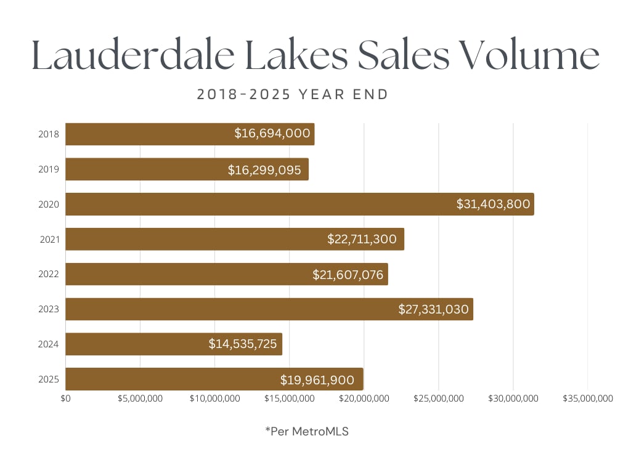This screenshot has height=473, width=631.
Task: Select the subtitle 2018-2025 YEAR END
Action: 293,94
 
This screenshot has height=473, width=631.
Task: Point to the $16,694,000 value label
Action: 272,134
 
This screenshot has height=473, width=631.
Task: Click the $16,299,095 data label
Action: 264,169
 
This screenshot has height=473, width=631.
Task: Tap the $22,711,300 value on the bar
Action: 362,239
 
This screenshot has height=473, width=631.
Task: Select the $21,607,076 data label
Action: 348,274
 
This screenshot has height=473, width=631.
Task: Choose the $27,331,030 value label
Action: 433,309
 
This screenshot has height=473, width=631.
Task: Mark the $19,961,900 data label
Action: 317,379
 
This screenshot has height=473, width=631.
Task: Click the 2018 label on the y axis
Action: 49,134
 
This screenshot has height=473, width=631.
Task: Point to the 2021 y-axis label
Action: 49,239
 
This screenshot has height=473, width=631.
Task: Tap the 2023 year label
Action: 49,309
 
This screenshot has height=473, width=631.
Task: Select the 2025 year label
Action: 49,379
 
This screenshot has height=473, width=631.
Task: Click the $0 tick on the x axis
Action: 66,398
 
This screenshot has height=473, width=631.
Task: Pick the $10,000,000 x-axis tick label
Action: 214,398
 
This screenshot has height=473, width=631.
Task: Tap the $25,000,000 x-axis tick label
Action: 439,398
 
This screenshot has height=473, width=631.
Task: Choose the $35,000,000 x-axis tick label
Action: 588,398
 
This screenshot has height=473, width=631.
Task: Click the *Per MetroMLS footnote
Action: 307,432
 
